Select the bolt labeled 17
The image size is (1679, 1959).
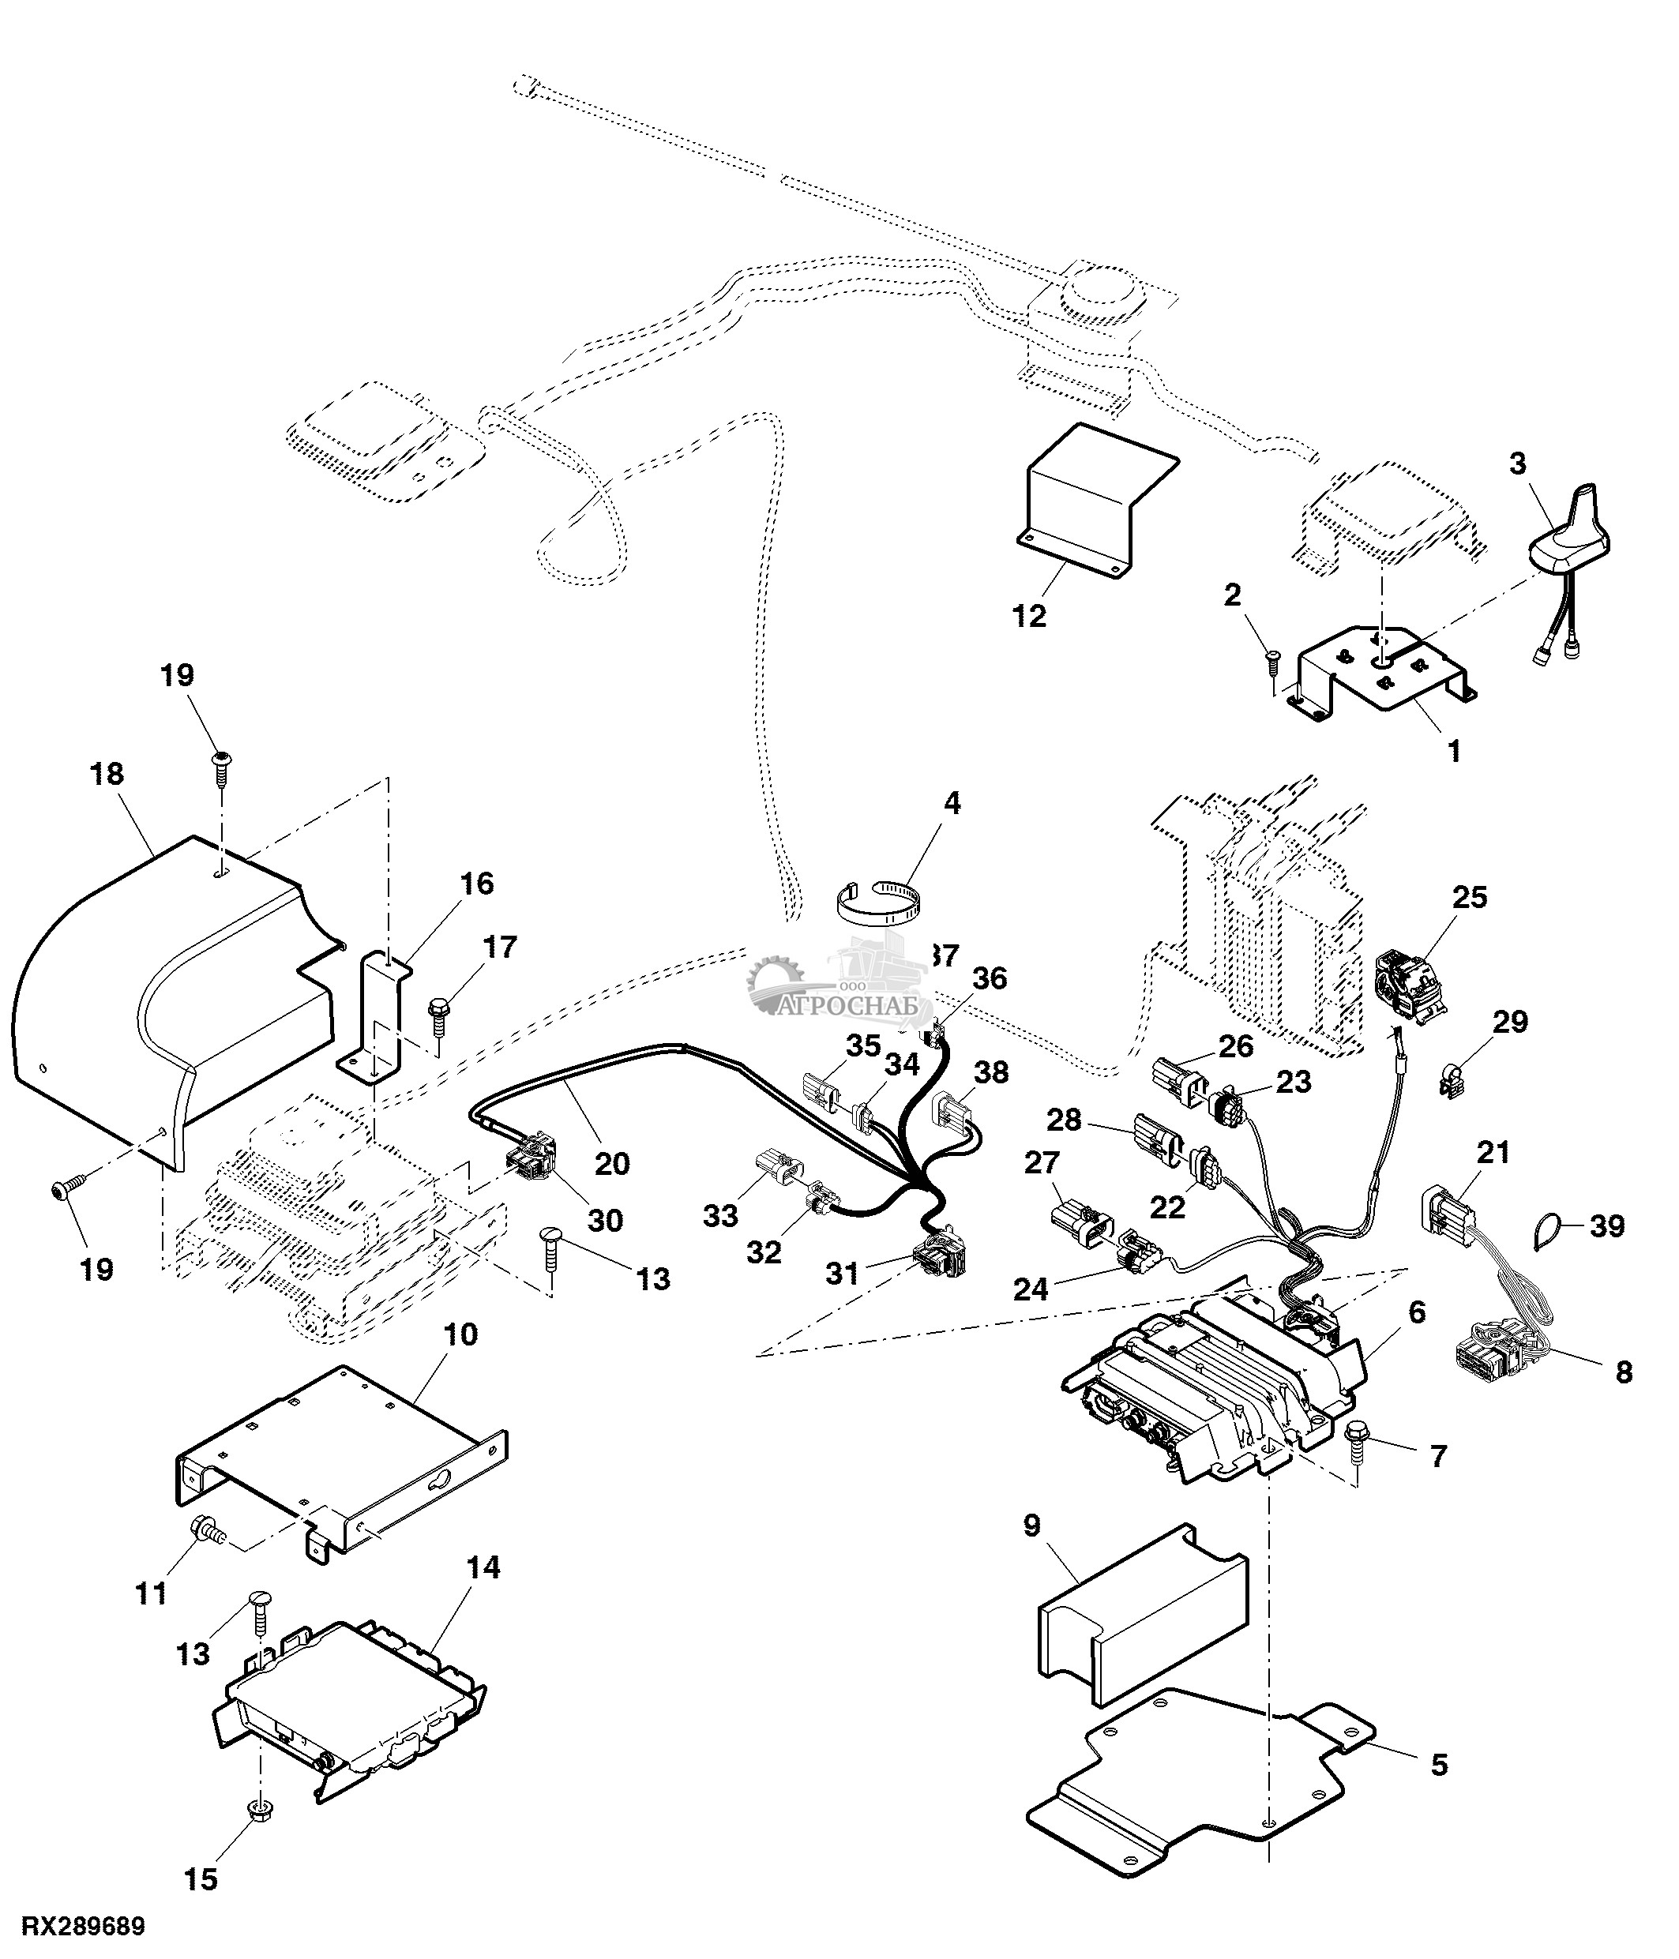pos(441,1014)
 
